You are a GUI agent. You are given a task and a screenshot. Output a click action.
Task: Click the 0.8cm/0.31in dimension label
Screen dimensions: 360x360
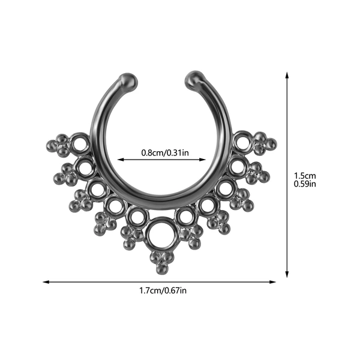165,152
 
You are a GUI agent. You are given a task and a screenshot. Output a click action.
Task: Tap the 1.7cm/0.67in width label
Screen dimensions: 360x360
163,290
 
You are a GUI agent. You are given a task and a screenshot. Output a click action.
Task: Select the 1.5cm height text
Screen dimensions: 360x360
305,176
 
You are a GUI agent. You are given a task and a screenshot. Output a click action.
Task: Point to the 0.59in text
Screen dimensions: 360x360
305,184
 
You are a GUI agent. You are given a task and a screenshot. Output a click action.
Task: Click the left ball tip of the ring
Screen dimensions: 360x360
129,80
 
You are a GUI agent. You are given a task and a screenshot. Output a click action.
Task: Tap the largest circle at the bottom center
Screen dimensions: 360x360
163,234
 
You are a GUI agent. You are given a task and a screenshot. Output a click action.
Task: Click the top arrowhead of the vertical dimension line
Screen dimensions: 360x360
287,75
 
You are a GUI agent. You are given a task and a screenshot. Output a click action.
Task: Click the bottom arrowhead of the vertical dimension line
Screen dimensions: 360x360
287,274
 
